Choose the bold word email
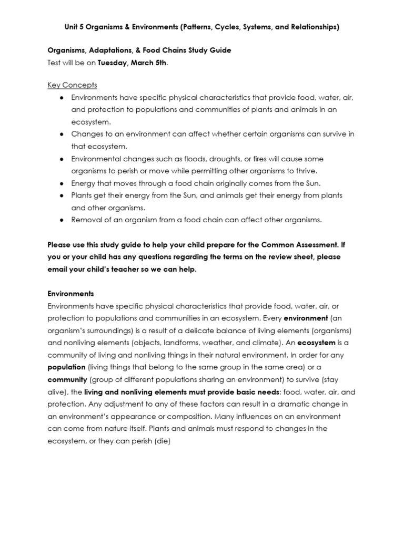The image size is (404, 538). pos(58,269)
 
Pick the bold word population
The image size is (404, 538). pos(67,367)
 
